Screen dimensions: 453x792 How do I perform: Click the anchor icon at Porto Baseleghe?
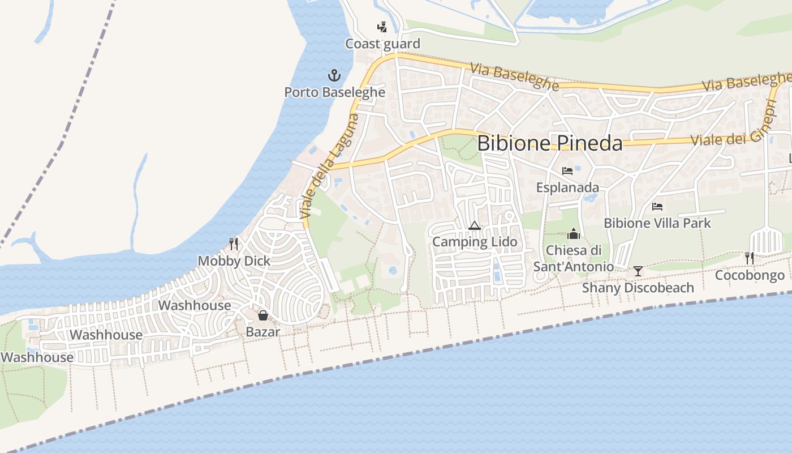coord(334,75)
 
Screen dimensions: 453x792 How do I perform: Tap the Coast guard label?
coord(382,44)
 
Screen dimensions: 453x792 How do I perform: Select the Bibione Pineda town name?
coord(549,143)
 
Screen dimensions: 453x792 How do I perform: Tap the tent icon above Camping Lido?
coord(475,226)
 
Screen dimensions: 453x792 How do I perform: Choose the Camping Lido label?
coord(475,242)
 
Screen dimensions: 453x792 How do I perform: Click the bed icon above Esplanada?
coord(567,170)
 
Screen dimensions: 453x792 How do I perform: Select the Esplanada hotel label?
coord(567,187)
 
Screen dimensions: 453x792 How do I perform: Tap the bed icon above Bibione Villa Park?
coord(657,207)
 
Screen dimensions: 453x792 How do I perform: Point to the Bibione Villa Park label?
coord(657,223)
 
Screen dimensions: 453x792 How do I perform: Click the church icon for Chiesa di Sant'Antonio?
coord(574,234)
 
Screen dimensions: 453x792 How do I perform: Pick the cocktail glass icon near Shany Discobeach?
coord(638,271)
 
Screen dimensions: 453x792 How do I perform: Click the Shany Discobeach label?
coord(638,288)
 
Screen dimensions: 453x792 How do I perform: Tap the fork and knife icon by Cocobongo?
coord(750,258)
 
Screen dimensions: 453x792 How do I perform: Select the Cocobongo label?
coord(750,275)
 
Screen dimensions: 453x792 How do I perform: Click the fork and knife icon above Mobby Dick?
coord(234,244)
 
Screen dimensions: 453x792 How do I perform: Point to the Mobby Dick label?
coord(234,261)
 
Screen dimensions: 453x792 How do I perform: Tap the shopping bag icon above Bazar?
coord(262,315)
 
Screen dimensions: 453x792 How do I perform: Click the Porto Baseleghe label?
coord(334,92)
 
